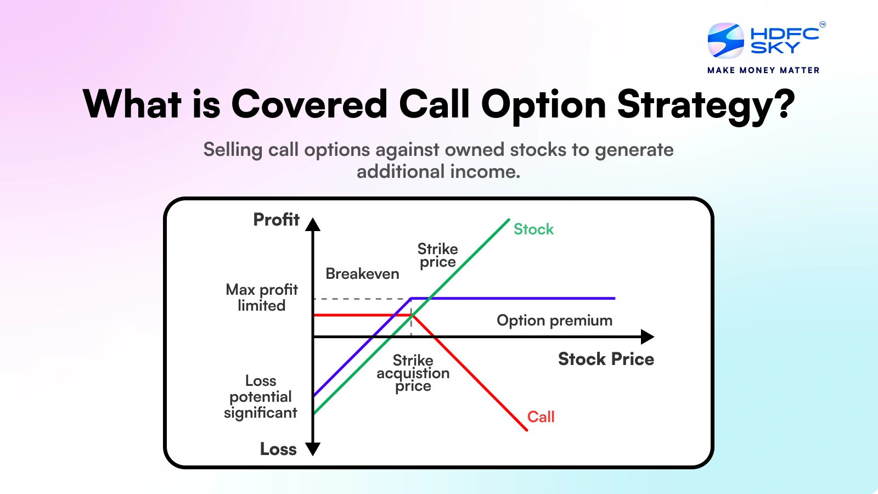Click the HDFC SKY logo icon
tap(725, 41)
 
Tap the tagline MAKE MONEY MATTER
tap(763, 70)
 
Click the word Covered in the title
tap(309, 104)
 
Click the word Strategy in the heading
tap(696, 105)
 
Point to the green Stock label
tap(533, 229)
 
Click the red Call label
tap(541, 417)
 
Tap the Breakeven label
tap(362, 273)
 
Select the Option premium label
tap(554, 320)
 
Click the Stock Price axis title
tap(606, 359)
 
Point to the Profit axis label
tap(276, 220)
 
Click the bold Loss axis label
tap(278, 449)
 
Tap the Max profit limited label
tap(262, 297)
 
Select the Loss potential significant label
tap(261, 396)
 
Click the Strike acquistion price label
tap(413, 373)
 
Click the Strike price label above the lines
tap(437, 255)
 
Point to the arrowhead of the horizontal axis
tap(648, 336)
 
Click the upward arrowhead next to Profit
tap(313, 224)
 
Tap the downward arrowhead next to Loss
tap(313, 449)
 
